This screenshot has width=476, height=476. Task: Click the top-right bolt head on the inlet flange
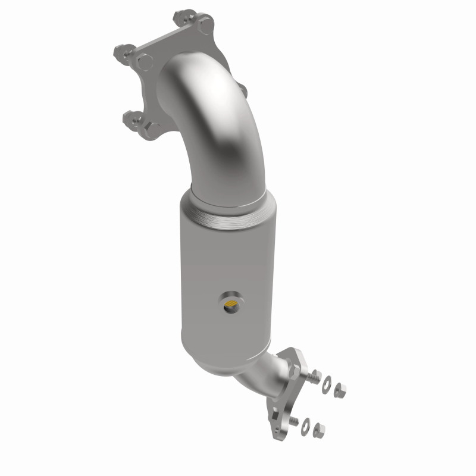[x=206, y=26]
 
